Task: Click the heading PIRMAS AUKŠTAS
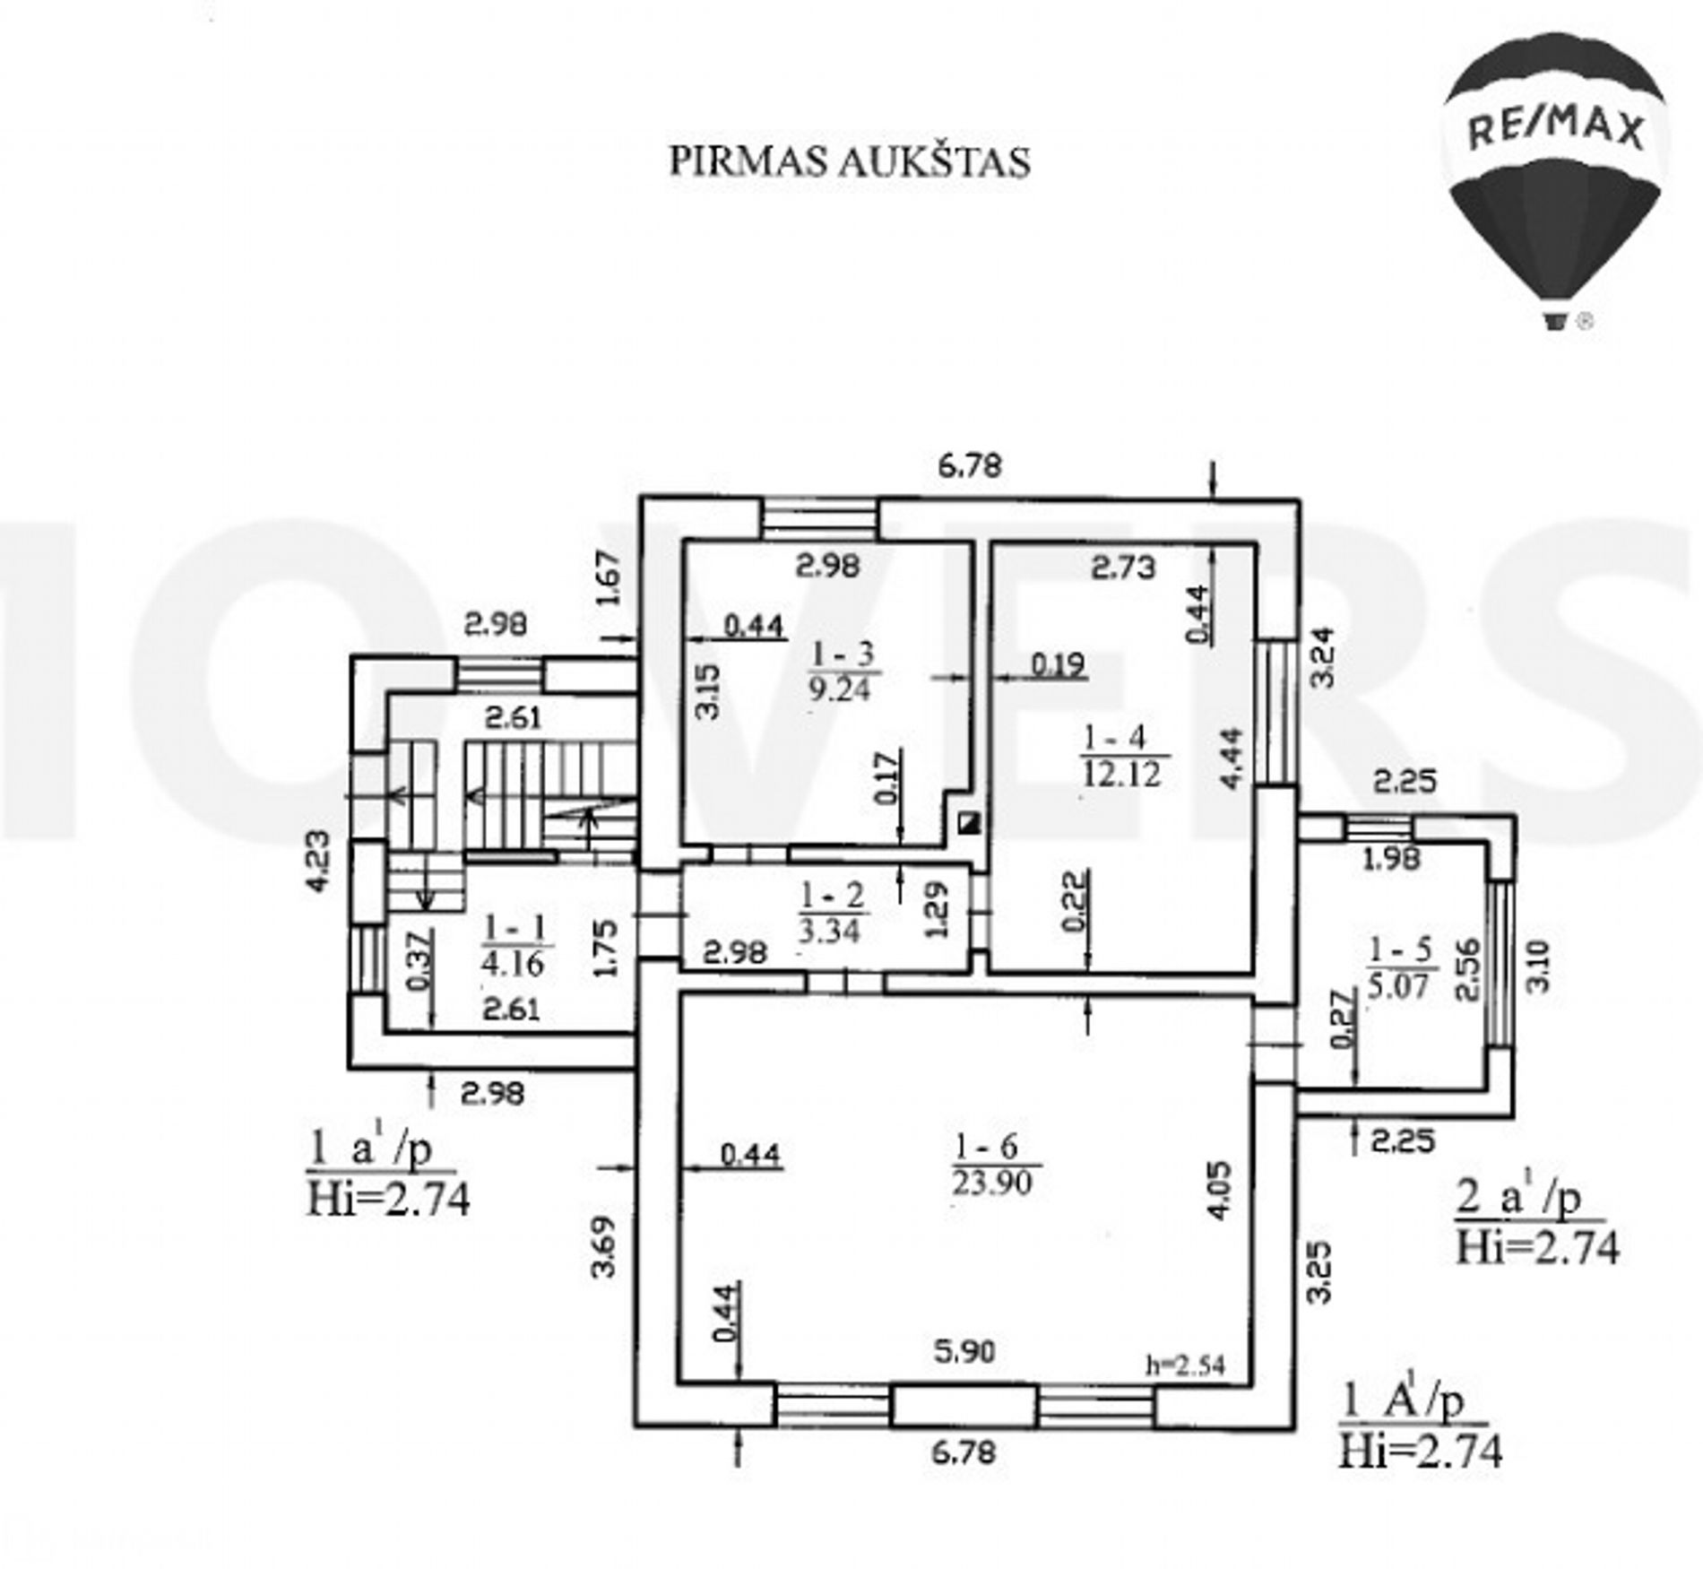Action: [850, 162]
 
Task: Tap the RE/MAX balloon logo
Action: [1556, 178]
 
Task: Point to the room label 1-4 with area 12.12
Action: [1121, 755]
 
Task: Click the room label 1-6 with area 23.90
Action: [994, 1164]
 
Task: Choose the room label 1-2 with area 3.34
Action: [830, 913]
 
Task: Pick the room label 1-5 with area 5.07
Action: [1401, 967]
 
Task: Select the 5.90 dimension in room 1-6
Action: [964, 1350]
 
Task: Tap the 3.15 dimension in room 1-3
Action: [708, 690]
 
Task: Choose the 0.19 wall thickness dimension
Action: [1058, 664]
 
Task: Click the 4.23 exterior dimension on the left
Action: [318, 861]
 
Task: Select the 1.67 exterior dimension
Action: [607, 578]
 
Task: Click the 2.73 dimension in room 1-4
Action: [1124, 567]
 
